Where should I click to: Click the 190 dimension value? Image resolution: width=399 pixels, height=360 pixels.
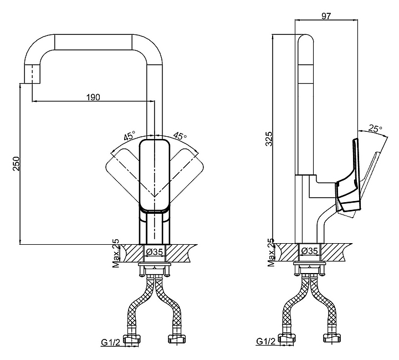pos(94,97)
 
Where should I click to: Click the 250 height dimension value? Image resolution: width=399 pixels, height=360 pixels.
pos(16,163)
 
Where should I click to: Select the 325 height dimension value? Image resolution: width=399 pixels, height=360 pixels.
pos(269,139)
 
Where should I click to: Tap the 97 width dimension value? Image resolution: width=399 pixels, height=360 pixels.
pos(326,16)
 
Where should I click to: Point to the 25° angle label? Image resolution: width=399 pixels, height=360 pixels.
pos(376,128)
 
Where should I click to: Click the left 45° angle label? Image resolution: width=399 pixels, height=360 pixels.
pos(130,136)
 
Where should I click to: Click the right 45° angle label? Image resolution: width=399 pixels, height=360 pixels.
pos(180,136)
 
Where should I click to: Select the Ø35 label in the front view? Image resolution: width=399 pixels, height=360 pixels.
pos(155,251)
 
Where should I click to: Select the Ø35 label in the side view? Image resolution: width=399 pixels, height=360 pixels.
pos(309,251)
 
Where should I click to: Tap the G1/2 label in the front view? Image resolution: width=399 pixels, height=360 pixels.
pos(111,342)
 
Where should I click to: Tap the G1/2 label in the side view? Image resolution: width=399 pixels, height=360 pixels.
pos(266,341)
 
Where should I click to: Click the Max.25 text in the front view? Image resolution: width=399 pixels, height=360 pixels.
pos(116,253)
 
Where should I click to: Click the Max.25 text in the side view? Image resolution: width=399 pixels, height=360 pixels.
pos(271,253)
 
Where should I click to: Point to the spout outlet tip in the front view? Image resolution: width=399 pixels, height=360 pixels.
pos(32,83)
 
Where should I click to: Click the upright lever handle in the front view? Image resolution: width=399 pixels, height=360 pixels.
pos(155,175)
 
